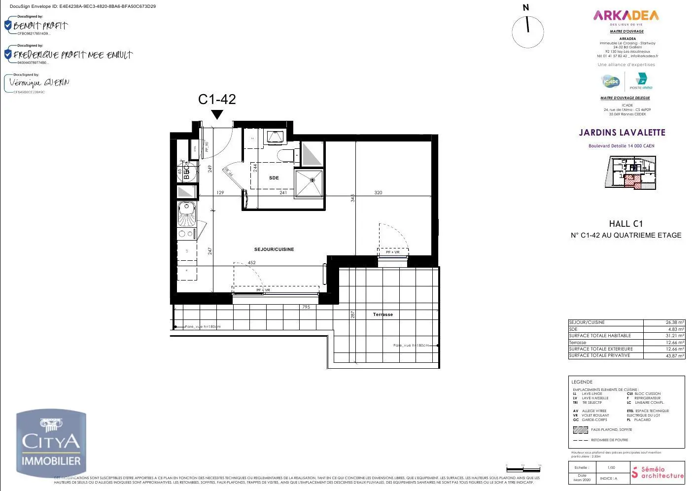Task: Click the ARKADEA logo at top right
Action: [x=626, y=15]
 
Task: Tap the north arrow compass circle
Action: [x=527, y=32]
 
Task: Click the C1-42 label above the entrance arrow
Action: [x=217, y=99]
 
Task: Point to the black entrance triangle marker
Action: [x=217, y=114]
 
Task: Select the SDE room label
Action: [x=274, y=178]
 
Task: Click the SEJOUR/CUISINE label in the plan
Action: [x=274, y=249]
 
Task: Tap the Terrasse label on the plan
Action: [x=383, y=315]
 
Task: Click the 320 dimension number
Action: [x=378, y=193]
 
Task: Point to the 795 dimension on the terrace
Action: [x=306, y=307]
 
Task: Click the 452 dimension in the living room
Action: [x=251, y=263]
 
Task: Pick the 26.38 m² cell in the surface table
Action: [x=664, y=322]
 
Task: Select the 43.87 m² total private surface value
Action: [x=664, y=355]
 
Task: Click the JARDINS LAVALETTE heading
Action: [x=622, y=133]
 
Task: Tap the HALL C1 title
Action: [x=626, y=224]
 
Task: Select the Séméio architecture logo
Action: [x=658, y=472]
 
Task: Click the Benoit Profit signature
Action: [x=40, y=26]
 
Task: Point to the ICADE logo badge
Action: [x=610, y=81]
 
